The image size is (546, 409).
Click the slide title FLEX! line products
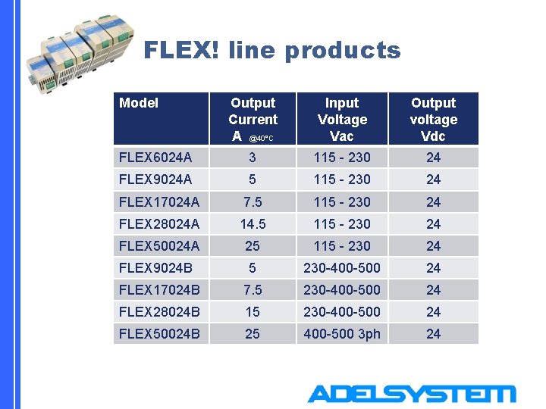(271, 51)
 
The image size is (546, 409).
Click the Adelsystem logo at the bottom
(411, 395)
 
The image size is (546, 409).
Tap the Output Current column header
(253, 119)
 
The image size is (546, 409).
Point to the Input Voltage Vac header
(342, 119)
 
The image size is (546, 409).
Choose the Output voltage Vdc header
(433, 119)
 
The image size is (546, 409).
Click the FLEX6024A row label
(155, 158)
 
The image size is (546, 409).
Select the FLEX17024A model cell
(159, 202)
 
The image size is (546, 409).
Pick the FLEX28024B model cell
(159, 311)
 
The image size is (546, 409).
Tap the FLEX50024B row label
(159, 333)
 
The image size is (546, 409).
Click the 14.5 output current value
(253, 224)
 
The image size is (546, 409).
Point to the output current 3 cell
(253, 158)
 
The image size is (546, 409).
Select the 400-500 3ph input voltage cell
(342, 333)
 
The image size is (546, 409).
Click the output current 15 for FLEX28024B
(253, 311)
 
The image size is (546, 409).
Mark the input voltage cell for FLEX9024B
(342, 267)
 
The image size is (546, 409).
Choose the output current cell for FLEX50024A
(253, 246)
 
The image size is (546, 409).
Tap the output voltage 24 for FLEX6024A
(433, 158)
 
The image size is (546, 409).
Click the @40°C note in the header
(261, 139)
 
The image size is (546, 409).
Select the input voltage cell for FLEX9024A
(342, 180)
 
